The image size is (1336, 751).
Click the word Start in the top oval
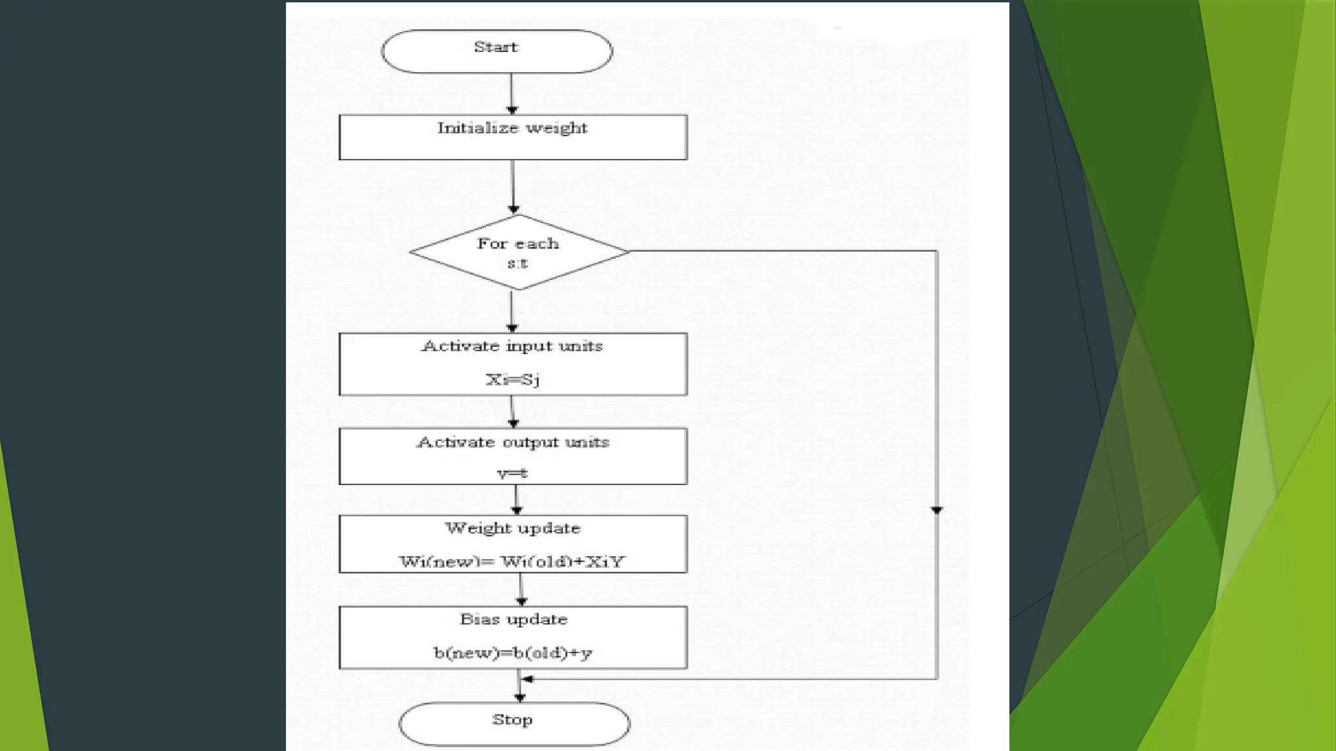[x=496, y=47]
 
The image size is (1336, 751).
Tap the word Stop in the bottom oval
[x=512, y=720]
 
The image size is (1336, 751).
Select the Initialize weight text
[x=512, y=128]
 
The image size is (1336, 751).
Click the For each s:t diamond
[x=519, y=252]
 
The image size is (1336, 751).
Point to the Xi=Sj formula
[x=513, y=379]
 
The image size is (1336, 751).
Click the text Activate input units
[x=512, y=346]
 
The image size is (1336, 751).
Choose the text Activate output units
[x=513, y=442]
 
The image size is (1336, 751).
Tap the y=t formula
[x=513, y=473]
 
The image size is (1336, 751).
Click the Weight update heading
[x=513, y=528]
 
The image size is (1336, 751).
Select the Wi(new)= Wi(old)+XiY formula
[x=512, y=561]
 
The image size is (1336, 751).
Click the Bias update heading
[x=513, y=619]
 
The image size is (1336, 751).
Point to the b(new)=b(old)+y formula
[x=513, y=653]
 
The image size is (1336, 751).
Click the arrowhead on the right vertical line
[x=937, y=510]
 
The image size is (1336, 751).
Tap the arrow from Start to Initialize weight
[x=512, y=95]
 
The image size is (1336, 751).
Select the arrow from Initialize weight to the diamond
[x=513, y=188]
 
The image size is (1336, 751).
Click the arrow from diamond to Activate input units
[x=512, y=312]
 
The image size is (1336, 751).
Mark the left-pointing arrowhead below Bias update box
[x=527, y=679]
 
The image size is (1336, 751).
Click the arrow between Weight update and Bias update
[x=521, y=590]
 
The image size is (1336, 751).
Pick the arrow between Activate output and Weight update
[x=517, y=500]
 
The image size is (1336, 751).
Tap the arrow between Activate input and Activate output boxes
[x=513, y=412]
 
